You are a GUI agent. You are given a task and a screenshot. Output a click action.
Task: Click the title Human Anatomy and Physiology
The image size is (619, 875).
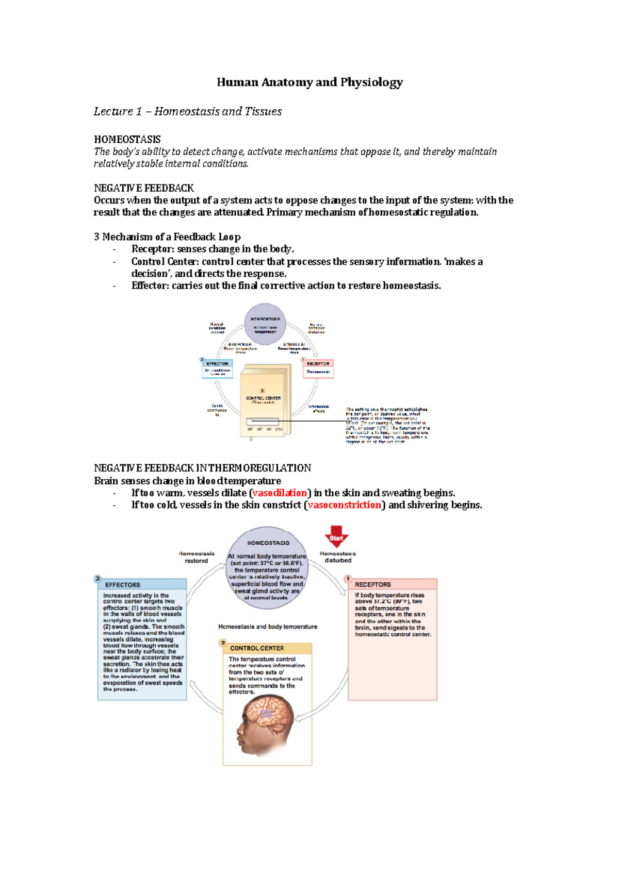pyautogui.click(x=309, y=82)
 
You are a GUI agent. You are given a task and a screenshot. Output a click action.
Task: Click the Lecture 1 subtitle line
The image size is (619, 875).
pyautogui.click(x=187, y=111)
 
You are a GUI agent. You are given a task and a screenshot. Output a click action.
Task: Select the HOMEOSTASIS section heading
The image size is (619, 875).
pyautogui.click(x=127, y=139)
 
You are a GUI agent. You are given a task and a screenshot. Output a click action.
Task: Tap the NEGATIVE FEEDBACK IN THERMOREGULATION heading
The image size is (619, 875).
pyautogui.click(x=202, y=468)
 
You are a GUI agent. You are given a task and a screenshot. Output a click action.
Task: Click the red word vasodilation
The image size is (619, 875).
pyautogui.click(x=280, y=493)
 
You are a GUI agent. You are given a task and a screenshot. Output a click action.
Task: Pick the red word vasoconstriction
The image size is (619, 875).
pyautogui.click(x=344, y=505)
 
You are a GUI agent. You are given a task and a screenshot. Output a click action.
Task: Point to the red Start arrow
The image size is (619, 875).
pyautogui.click(x=336, y=536)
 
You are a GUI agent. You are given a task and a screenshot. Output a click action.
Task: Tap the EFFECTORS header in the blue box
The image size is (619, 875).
pyautogui.click(x=123, y=585)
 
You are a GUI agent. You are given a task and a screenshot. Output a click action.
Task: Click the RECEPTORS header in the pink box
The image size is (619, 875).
pyautogui.click(x=373, y=584)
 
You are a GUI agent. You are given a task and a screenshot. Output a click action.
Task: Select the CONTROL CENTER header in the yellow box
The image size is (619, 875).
pyautogui.click(x=257, y=648)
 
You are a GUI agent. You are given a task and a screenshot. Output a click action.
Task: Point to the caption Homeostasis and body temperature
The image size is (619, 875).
pyautogui.click(x=268, y=627)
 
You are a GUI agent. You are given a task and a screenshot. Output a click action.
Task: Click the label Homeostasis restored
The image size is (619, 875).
pyautogui.click(x=197, y=557)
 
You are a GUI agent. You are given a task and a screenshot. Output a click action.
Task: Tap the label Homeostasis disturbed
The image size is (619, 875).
pyautogui.click(x=338, y=557)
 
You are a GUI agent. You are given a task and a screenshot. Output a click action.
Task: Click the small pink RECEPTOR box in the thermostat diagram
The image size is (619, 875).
pyautogui.click(x=318, y=368)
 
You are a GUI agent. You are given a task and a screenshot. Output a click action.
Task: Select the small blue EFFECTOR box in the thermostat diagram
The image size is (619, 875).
pyautogui.click(x=217, y=368)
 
